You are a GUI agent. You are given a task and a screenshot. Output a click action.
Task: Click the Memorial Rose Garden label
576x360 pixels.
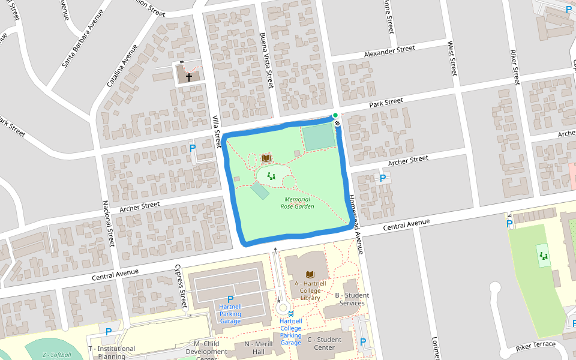297,203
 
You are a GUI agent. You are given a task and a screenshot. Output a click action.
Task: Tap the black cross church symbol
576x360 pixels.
188,77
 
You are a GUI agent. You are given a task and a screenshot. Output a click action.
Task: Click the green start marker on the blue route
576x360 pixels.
335,115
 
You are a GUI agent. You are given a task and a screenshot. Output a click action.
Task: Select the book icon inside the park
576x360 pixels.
266,158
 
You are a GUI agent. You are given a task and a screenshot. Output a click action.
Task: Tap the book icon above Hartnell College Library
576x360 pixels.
310,274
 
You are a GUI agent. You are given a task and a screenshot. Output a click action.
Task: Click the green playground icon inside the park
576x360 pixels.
271,176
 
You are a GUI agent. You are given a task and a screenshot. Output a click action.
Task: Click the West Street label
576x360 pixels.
452,58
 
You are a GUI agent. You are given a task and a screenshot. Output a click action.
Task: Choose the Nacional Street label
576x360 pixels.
108,224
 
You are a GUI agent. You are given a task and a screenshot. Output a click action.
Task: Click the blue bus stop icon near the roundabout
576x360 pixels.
291,313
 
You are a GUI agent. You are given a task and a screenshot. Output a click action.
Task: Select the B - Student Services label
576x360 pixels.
352,299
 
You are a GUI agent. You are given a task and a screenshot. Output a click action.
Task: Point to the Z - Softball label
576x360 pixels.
56,355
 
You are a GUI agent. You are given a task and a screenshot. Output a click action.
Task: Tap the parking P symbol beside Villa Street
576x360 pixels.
193,148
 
